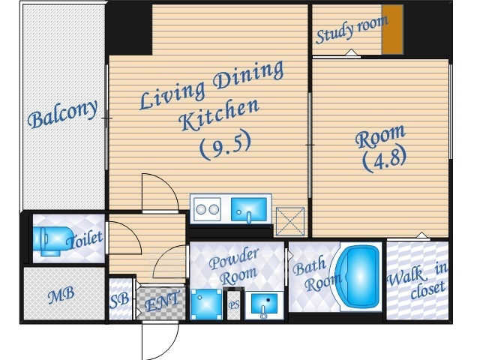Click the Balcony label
coord(63,114)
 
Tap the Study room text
coord(352,29)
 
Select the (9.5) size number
coord(225,145)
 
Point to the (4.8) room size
coord(385,160)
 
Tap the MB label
coord(61,295)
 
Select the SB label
coord(119,301)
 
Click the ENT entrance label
coord(162,302)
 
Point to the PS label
coord(233,305)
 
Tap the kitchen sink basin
coord(248,209)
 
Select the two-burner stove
coord(207,209)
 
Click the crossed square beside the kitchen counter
coord(290,222)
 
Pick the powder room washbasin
coord(264,304)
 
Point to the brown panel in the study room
coord(392,30)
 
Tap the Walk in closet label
coord(418,281)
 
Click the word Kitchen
coord(219,115)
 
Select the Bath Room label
coord(315,274)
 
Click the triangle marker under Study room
coord(352,52)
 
